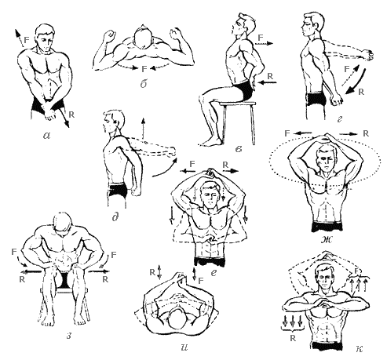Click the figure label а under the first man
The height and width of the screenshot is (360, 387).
pos(47,135)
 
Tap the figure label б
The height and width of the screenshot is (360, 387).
pos(144,84)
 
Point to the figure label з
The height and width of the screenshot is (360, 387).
pos(69,336)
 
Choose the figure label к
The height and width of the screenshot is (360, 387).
pos(360,348)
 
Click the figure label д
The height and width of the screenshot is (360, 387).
pos(115,216)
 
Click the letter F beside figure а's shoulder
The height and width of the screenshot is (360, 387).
pos(27,40)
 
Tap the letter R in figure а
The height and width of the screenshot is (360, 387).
pos(71,115)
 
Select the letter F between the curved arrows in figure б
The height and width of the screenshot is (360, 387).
pos(144,69)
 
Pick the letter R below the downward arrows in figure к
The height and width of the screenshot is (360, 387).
pos(293,338)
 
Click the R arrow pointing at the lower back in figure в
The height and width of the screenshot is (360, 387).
pos(267,82)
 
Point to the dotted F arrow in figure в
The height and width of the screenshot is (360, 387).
pos(264,44)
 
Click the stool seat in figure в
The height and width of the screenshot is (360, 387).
pos(238,104)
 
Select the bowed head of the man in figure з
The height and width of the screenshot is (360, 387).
pos(63,224)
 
